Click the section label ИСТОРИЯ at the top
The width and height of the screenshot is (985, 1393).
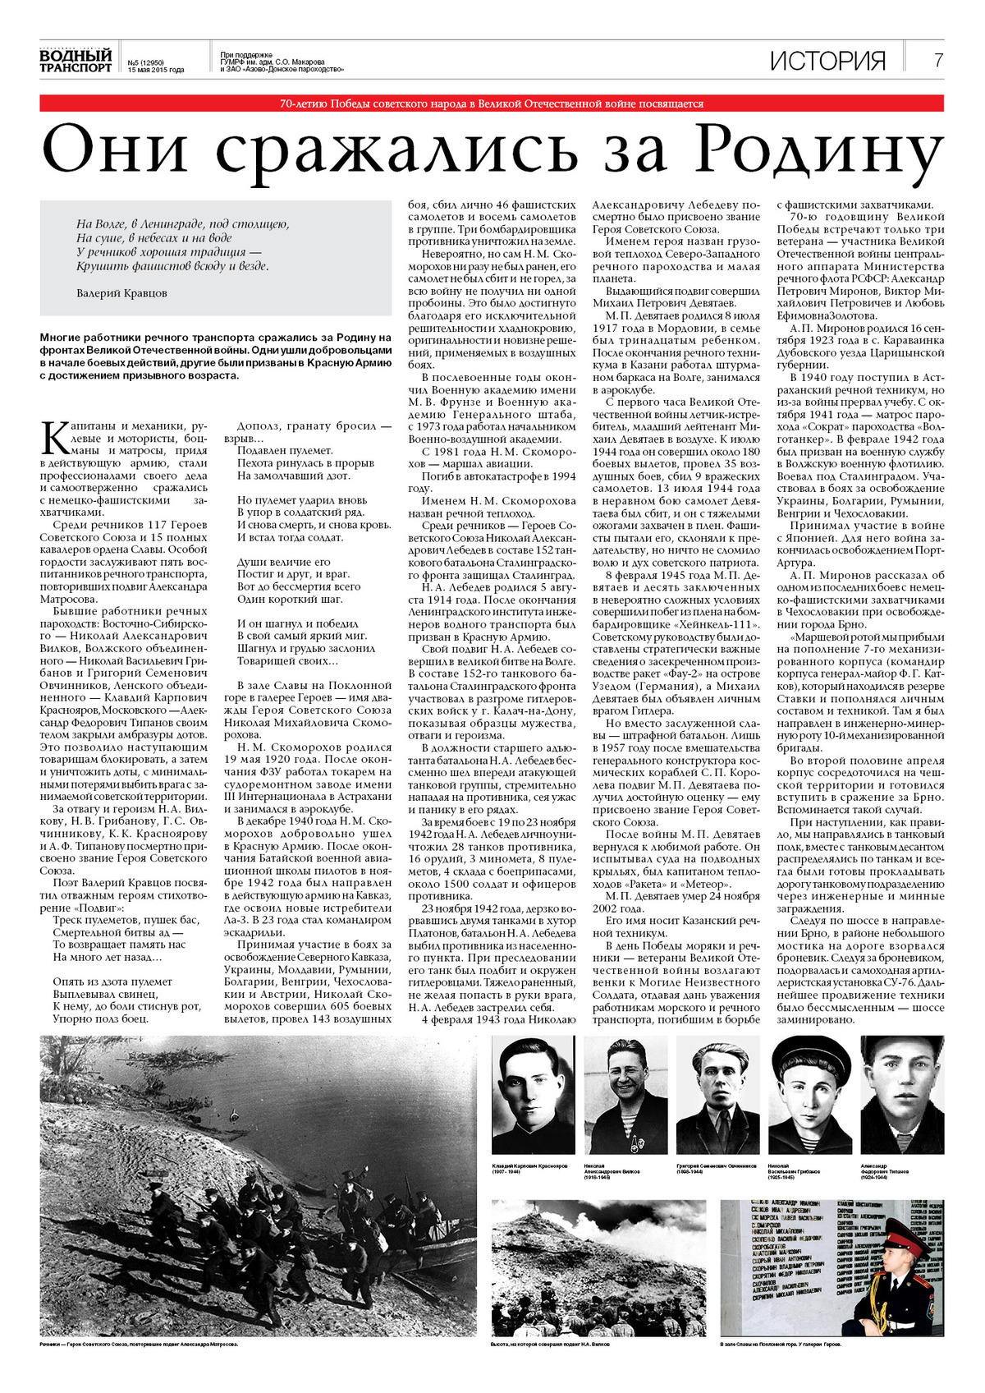[x=828, y=61]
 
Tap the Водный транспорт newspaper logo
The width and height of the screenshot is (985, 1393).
[x=76, y=60]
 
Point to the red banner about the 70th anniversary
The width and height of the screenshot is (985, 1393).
[x=492, y=103]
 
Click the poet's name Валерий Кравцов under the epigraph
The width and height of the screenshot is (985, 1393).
[x=121, y=292]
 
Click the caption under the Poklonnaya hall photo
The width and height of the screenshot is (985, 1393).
[x=781, y=1345]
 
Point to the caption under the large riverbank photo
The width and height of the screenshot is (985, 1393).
[x=139, y=1345]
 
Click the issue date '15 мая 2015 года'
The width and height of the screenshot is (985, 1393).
[x=156, y=70]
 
